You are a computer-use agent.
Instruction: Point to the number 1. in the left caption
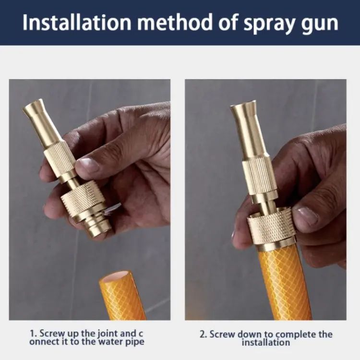coord(33,333)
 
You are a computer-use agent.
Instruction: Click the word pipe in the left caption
coord(134,342)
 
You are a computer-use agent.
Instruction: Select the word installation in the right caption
coord(265,342)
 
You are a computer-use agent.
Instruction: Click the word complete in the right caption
coord(290,334)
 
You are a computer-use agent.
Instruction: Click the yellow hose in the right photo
coord(284,283)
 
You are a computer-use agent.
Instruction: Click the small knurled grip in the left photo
coord(60,158)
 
